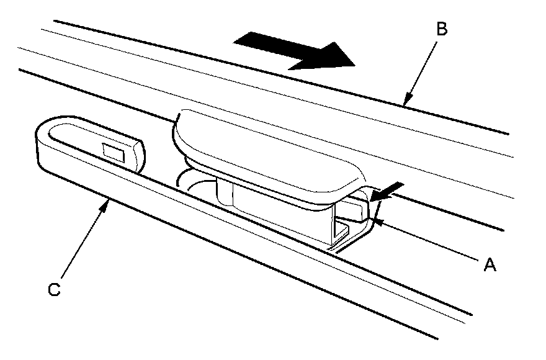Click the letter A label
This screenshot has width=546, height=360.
(x=490, y=265)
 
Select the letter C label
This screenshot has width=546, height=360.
(x=55, y=290)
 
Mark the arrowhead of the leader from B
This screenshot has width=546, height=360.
(x=406, y=102)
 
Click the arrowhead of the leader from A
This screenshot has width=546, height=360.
(x=375, y=217)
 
